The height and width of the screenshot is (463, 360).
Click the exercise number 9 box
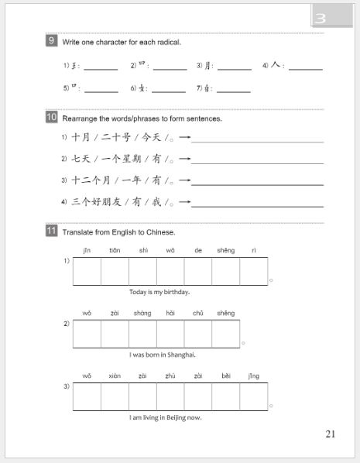point(52,41)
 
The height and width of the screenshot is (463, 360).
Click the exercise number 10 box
point(52,118)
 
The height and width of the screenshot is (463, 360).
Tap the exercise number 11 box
point(52,231)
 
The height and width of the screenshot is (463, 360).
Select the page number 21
point(330,434)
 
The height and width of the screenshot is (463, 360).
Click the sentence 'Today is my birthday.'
point(159,292)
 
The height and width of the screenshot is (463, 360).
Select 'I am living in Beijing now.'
point(165,417)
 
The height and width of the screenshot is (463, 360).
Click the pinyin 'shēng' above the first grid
point(225,250)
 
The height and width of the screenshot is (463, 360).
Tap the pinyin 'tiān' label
point(115,250)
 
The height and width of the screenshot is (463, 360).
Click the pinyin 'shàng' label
point(142,313)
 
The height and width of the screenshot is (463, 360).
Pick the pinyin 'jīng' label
point(253,376)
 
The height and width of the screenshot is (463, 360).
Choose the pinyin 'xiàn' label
point(115,376)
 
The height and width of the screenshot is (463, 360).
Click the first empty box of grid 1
point(87,271)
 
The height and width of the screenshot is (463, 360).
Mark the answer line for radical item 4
point(305,68)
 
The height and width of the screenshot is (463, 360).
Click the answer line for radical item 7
point(234,91)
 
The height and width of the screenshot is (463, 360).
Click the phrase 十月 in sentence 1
point(81,138)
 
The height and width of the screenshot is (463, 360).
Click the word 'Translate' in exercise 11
point(77,231)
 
